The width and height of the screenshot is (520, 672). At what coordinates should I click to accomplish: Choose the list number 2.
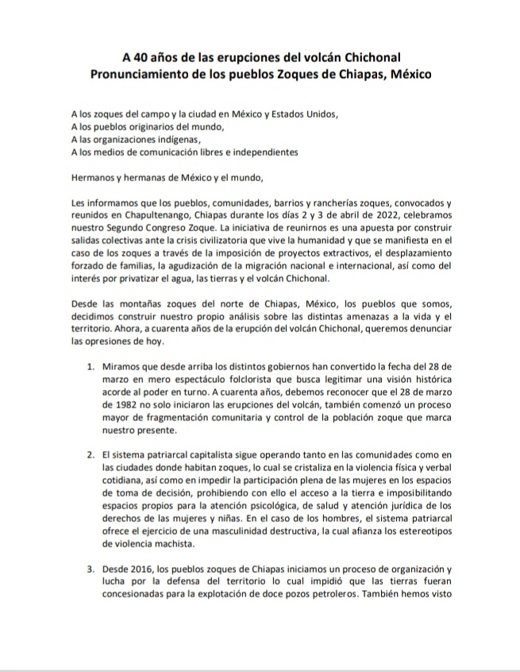click(x=91, y=453)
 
